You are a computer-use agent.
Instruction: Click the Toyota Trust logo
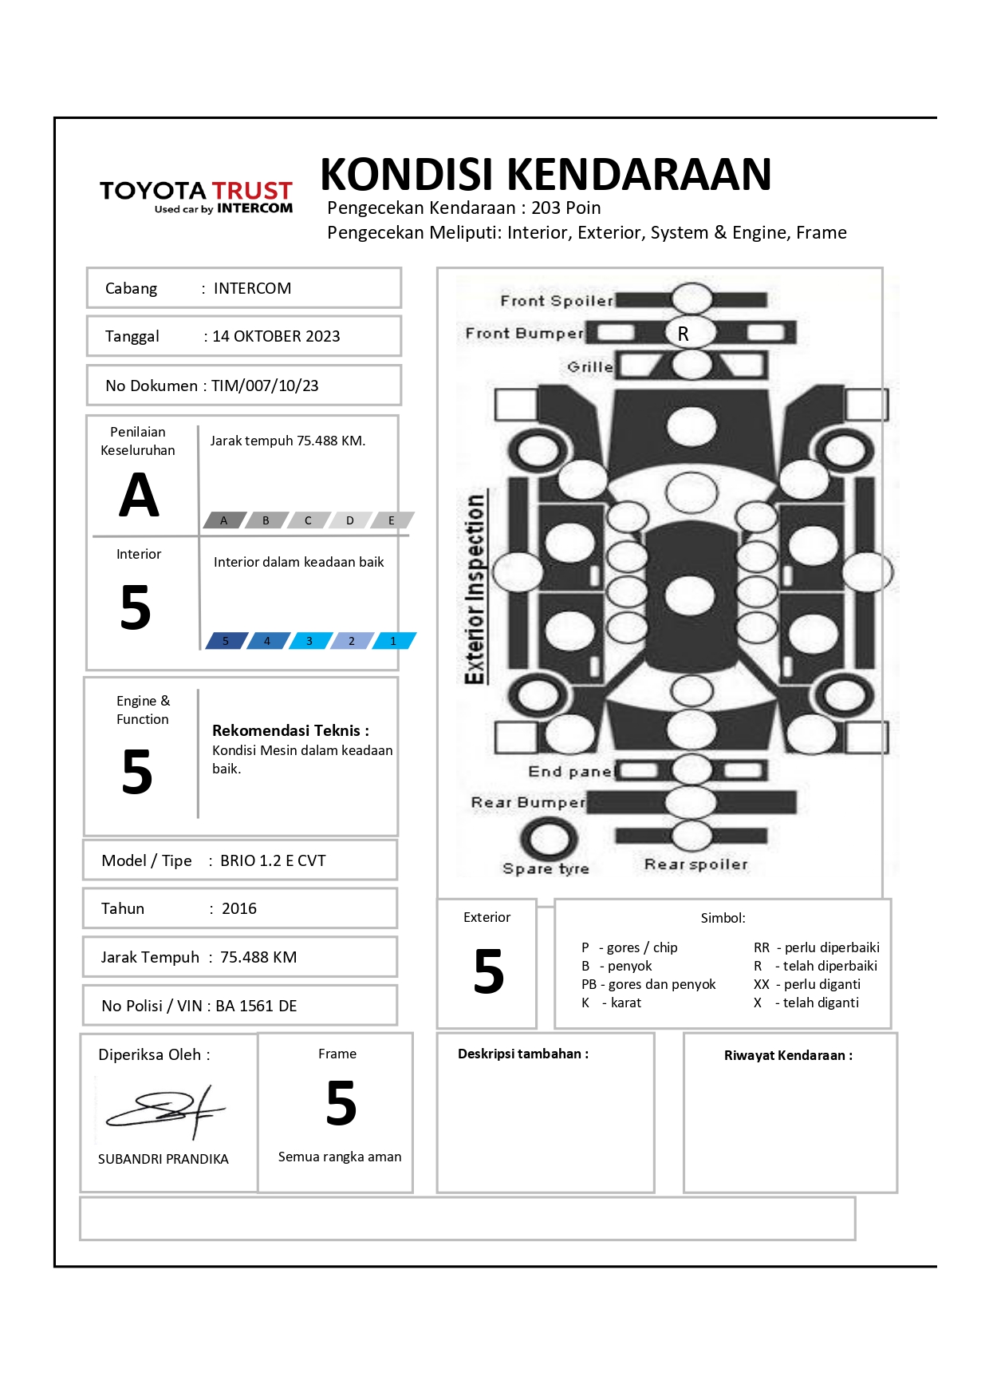tap(196, 196)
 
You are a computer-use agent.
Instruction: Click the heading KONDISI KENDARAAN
tap(546, 175)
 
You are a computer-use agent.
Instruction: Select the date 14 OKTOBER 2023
tap(276, 336)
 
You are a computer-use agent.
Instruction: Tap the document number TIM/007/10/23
tap(265, 386)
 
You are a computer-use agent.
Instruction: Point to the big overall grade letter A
tap(139, 496)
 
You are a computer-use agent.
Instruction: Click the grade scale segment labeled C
tap(308, 520)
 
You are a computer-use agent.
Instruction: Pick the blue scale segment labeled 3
tap(309, 641)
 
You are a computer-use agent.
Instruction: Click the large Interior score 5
tap(136, 607)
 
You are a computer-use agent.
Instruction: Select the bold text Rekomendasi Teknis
tap(290, 730)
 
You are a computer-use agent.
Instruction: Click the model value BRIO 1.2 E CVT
tap(273, 860)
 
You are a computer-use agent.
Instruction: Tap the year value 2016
tap(239, 908)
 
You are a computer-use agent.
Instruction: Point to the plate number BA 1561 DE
tap(256, 1006)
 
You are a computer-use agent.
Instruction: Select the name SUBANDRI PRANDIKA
tap(164, 1159)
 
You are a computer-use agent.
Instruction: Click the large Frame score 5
tap(341, 1104)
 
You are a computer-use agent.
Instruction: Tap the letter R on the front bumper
tap(684, 334)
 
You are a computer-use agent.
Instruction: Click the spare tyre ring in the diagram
tap(549, 839)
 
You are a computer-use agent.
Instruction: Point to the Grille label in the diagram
tap(590, 367)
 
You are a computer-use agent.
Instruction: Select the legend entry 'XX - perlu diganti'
tap(807, 984)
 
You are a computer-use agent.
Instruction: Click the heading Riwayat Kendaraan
tap(788, 1055)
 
